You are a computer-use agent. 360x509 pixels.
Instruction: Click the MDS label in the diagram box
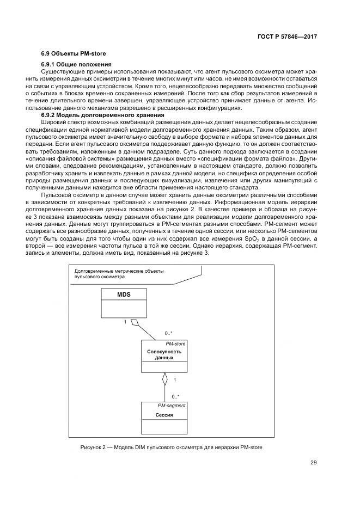pos(124,295)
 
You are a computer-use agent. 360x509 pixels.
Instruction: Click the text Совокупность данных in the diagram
pos(164,355)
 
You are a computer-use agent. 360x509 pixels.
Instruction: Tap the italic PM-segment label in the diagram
pos(172,406)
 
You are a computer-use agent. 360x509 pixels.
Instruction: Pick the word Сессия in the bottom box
pos(164,415)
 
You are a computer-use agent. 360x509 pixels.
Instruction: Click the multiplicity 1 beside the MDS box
pos(125,322)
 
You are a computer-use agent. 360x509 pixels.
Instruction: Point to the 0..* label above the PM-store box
pos(169,333)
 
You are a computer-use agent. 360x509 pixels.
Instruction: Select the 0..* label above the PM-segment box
pos(176,396)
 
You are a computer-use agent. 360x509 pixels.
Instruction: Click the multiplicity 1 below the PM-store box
pos(174,379)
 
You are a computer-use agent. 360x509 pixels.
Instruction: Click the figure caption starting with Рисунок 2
pos(172,447)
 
